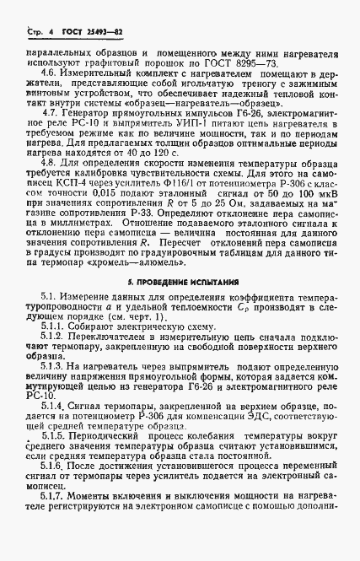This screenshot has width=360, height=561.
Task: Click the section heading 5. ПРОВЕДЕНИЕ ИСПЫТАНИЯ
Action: pos(181,278)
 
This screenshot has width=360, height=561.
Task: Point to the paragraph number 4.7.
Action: pos(53,135)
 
